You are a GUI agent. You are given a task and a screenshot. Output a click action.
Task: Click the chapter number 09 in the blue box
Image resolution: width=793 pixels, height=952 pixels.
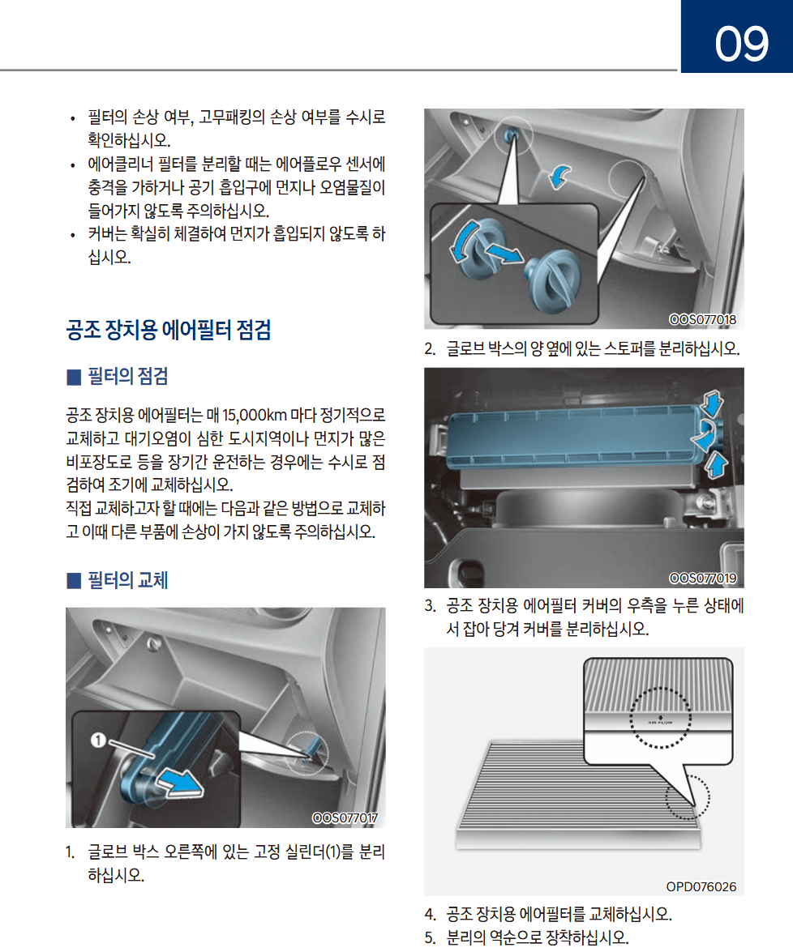click(x=741, y=44)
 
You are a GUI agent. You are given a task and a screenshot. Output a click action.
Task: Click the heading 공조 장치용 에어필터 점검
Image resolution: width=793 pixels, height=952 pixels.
click(x=169, y=330)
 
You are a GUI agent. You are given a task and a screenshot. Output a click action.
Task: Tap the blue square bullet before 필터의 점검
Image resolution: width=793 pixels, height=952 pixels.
click(x=74, y=377)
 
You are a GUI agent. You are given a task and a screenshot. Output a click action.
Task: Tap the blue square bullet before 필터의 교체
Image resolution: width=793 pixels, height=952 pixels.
click(x=74, y=580)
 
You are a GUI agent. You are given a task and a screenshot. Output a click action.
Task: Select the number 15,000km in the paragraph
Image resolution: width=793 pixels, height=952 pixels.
click(x=254, y=416)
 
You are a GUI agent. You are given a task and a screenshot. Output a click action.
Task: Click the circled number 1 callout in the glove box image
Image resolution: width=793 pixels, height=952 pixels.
click(x=98, y=740)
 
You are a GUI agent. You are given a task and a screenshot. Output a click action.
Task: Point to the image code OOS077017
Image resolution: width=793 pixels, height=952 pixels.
click(x=345, y=818)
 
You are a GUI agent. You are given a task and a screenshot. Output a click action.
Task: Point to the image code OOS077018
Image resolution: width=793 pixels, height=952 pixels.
click(x=702, y=319)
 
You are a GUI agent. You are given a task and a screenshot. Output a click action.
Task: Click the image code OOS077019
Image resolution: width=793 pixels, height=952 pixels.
click(x=702, y=578)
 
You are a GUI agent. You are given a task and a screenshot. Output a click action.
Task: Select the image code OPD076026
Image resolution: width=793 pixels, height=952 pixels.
click(x=701, y=887)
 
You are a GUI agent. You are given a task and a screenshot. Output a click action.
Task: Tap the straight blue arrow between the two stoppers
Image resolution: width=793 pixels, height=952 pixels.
click(x=504, y=253)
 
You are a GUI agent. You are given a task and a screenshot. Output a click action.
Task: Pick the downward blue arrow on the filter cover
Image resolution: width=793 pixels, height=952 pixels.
click(x=712, y=403)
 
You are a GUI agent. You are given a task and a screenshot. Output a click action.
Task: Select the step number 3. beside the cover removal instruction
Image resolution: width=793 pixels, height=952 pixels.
click(x=431, y=606)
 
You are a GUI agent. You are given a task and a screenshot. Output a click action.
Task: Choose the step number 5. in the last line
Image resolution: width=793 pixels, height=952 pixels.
click(x=431, y=937)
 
